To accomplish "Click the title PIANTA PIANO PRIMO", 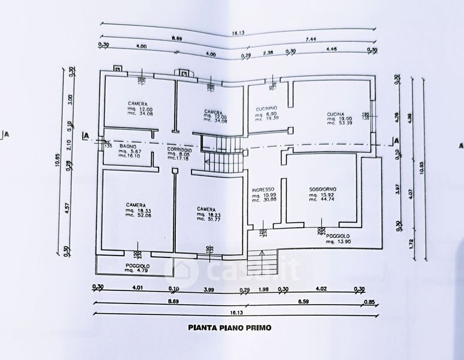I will (230, 328).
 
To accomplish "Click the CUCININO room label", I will (265, 109).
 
